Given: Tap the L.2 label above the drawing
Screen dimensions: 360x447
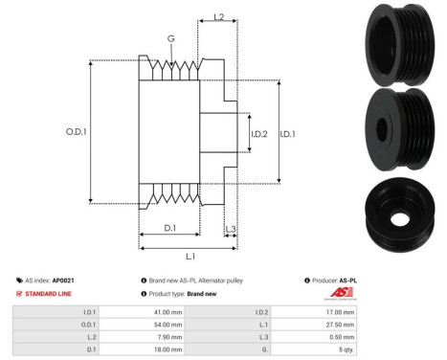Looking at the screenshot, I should click(218, 17).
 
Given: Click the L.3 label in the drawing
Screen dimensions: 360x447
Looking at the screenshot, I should click(231, 231).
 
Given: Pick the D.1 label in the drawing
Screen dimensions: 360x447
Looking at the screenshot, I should click(168, 227).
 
